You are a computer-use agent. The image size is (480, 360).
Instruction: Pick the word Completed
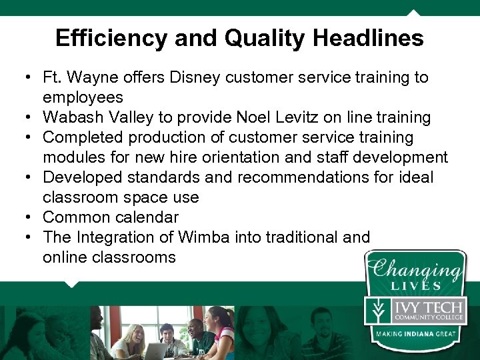[81, 137]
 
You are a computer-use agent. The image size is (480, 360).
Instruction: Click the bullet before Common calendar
[31, 218]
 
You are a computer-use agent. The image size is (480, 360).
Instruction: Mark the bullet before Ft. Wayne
[31, 78]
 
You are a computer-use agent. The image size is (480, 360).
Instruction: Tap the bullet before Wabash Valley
[31, 118]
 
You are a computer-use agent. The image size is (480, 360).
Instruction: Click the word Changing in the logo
[416, 270]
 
